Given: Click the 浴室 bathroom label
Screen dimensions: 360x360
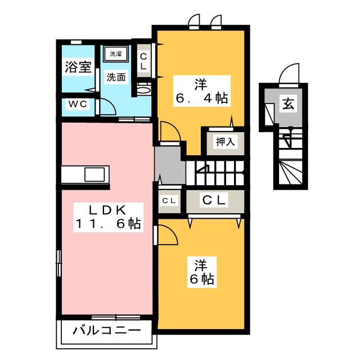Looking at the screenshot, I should (x=78, y=68).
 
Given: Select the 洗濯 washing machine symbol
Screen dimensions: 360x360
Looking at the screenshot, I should (x=115, y=55).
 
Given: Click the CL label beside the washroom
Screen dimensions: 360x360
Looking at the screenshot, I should (x=143, y=61).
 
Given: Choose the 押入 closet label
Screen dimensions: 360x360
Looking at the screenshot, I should (x=224, y=142).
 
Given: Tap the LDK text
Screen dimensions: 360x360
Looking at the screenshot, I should (x=106, y=210).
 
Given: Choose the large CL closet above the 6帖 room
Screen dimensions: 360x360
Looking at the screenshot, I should (x=214, y=200).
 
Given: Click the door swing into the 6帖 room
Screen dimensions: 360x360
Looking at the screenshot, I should (x=165, y=235).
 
